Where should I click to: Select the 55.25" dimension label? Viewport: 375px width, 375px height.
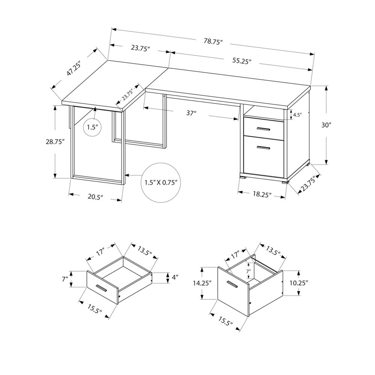click(241, 62)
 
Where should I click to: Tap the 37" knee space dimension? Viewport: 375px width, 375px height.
click(191, 113)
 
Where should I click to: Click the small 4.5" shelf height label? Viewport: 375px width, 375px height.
click(297, 115)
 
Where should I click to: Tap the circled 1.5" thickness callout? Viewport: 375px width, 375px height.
click(92, 127)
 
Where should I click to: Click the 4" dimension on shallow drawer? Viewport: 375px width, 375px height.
click(175, 277)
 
